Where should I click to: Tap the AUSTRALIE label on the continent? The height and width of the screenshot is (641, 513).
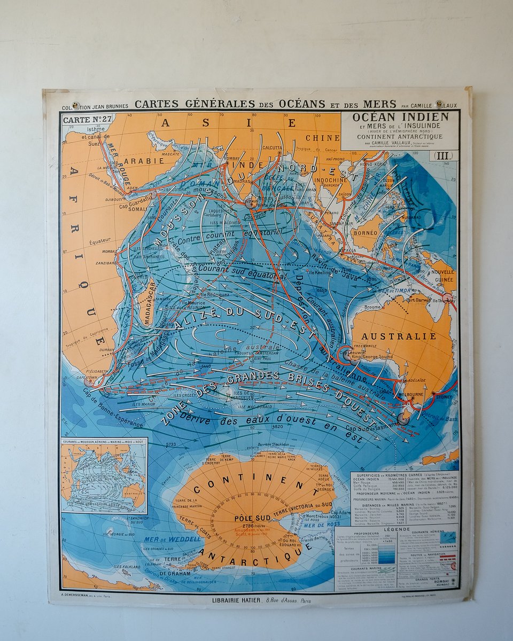[399, 337]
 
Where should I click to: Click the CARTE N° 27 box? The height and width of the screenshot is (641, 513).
[87, 120]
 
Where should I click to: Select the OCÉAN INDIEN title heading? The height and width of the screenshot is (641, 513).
[400, 116]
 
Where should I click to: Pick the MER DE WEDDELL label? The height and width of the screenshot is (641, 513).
[172, 539]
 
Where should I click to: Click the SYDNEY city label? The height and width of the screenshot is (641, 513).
[443, 397]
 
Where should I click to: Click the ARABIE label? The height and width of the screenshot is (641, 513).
[137, 160]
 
